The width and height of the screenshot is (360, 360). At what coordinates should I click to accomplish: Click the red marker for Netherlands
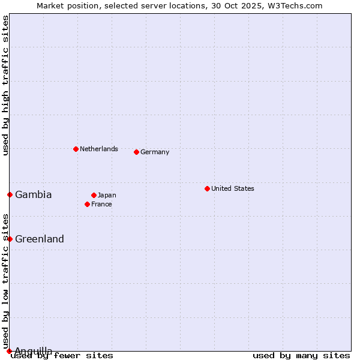point(76,149)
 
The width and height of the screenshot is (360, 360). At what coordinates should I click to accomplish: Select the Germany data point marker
point(136,152)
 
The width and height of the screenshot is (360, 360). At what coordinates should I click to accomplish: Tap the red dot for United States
point(207,188)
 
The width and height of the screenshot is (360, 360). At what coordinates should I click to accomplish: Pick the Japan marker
point(94,195)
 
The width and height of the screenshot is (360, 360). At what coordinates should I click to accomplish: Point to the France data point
point(87,204)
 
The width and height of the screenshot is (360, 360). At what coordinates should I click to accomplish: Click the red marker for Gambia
point(10,194)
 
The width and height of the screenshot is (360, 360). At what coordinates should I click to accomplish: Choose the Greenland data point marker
point(10,239)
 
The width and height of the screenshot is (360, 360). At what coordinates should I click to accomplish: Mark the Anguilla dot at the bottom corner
point(9,351)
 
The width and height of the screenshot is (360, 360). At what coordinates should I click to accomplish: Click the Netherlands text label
point(99,149)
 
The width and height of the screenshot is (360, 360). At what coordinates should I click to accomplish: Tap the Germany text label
point(155,152)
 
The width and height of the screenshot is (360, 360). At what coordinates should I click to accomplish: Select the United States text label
point(233,188)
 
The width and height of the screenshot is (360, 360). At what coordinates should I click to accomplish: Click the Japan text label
point(107,195)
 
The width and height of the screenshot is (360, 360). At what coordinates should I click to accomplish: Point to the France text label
point(101,204)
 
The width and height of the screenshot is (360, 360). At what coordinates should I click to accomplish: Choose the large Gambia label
point(34,194)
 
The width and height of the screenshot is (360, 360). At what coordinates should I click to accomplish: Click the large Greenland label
point(40,239)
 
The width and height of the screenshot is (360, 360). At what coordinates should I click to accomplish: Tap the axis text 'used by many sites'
point(301,356)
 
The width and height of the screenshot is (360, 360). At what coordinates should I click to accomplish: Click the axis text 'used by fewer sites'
point(62,356)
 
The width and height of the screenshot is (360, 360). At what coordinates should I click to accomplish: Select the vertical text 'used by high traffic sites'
point(5,85)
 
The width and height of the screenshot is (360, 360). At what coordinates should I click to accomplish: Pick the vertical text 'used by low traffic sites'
point(5,281)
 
